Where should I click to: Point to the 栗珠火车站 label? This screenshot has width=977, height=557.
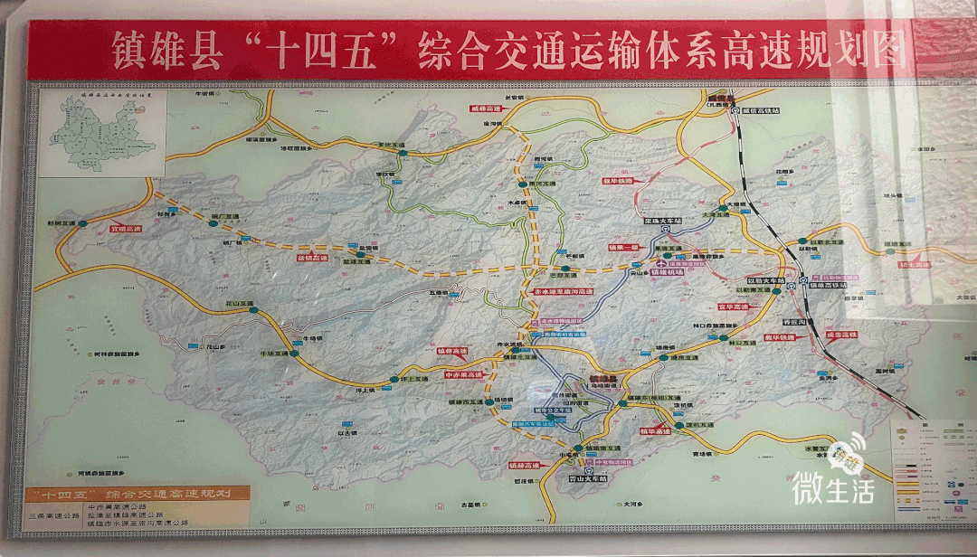pyautogui.click(x=663, y=221)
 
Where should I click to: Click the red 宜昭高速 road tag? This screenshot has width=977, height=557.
pyautogui.click(x=128, y=229)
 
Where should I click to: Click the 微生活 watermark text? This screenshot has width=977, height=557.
pyautogui.click(x=833, y=489)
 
